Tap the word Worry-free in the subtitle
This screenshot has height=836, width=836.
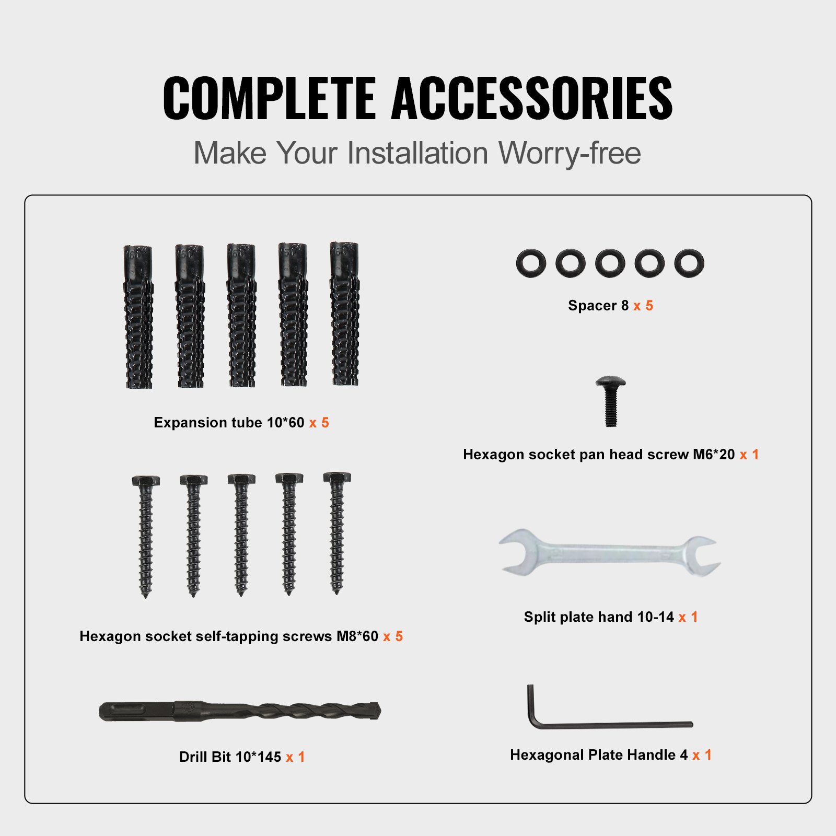[570, 153]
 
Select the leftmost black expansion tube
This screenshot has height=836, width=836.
[138, 317]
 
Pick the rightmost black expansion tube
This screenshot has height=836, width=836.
[344, 314]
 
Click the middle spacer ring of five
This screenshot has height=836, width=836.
[610, 263]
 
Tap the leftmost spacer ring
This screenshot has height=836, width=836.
[531, 263]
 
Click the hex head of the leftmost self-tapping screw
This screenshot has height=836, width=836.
[146, 481]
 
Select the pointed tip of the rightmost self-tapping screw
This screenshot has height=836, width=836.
[337, 590]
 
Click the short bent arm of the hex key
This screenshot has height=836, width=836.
[531, 703]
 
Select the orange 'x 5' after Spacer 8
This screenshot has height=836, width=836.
[643, 306]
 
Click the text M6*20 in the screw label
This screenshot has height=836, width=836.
[714, 455]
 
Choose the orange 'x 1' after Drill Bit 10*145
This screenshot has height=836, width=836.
[295, 757]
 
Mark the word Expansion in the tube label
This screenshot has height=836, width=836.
[188, 423]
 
